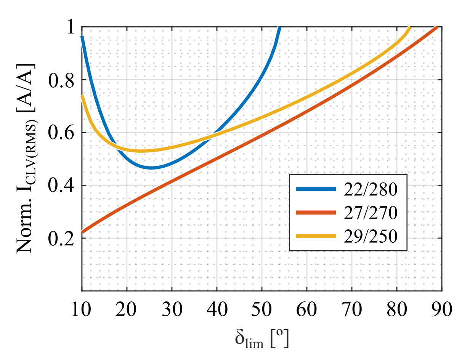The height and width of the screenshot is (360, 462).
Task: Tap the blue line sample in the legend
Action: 316,189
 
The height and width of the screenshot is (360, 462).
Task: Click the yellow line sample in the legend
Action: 316,237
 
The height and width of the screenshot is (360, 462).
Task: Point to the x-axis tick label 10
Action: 82,309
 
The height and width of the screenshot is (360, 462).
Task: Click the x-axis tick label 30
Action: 172,309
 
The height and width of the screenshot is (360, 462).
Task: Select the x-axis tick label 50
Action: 261,309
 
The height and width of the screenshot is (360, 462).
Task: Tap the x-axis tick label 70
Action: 351,309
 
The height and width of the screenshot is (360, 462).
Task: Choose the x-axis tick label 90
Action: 441,309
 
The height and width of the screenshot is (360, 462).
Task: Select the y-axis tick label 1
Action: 71,27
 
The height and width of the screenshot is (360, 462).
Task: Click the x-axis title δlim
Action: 261,338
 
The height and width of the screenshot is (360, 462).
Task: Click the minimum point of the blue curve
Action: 151,168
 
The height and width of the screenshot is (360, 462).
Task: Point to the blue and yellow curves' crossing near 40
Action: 209,138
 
